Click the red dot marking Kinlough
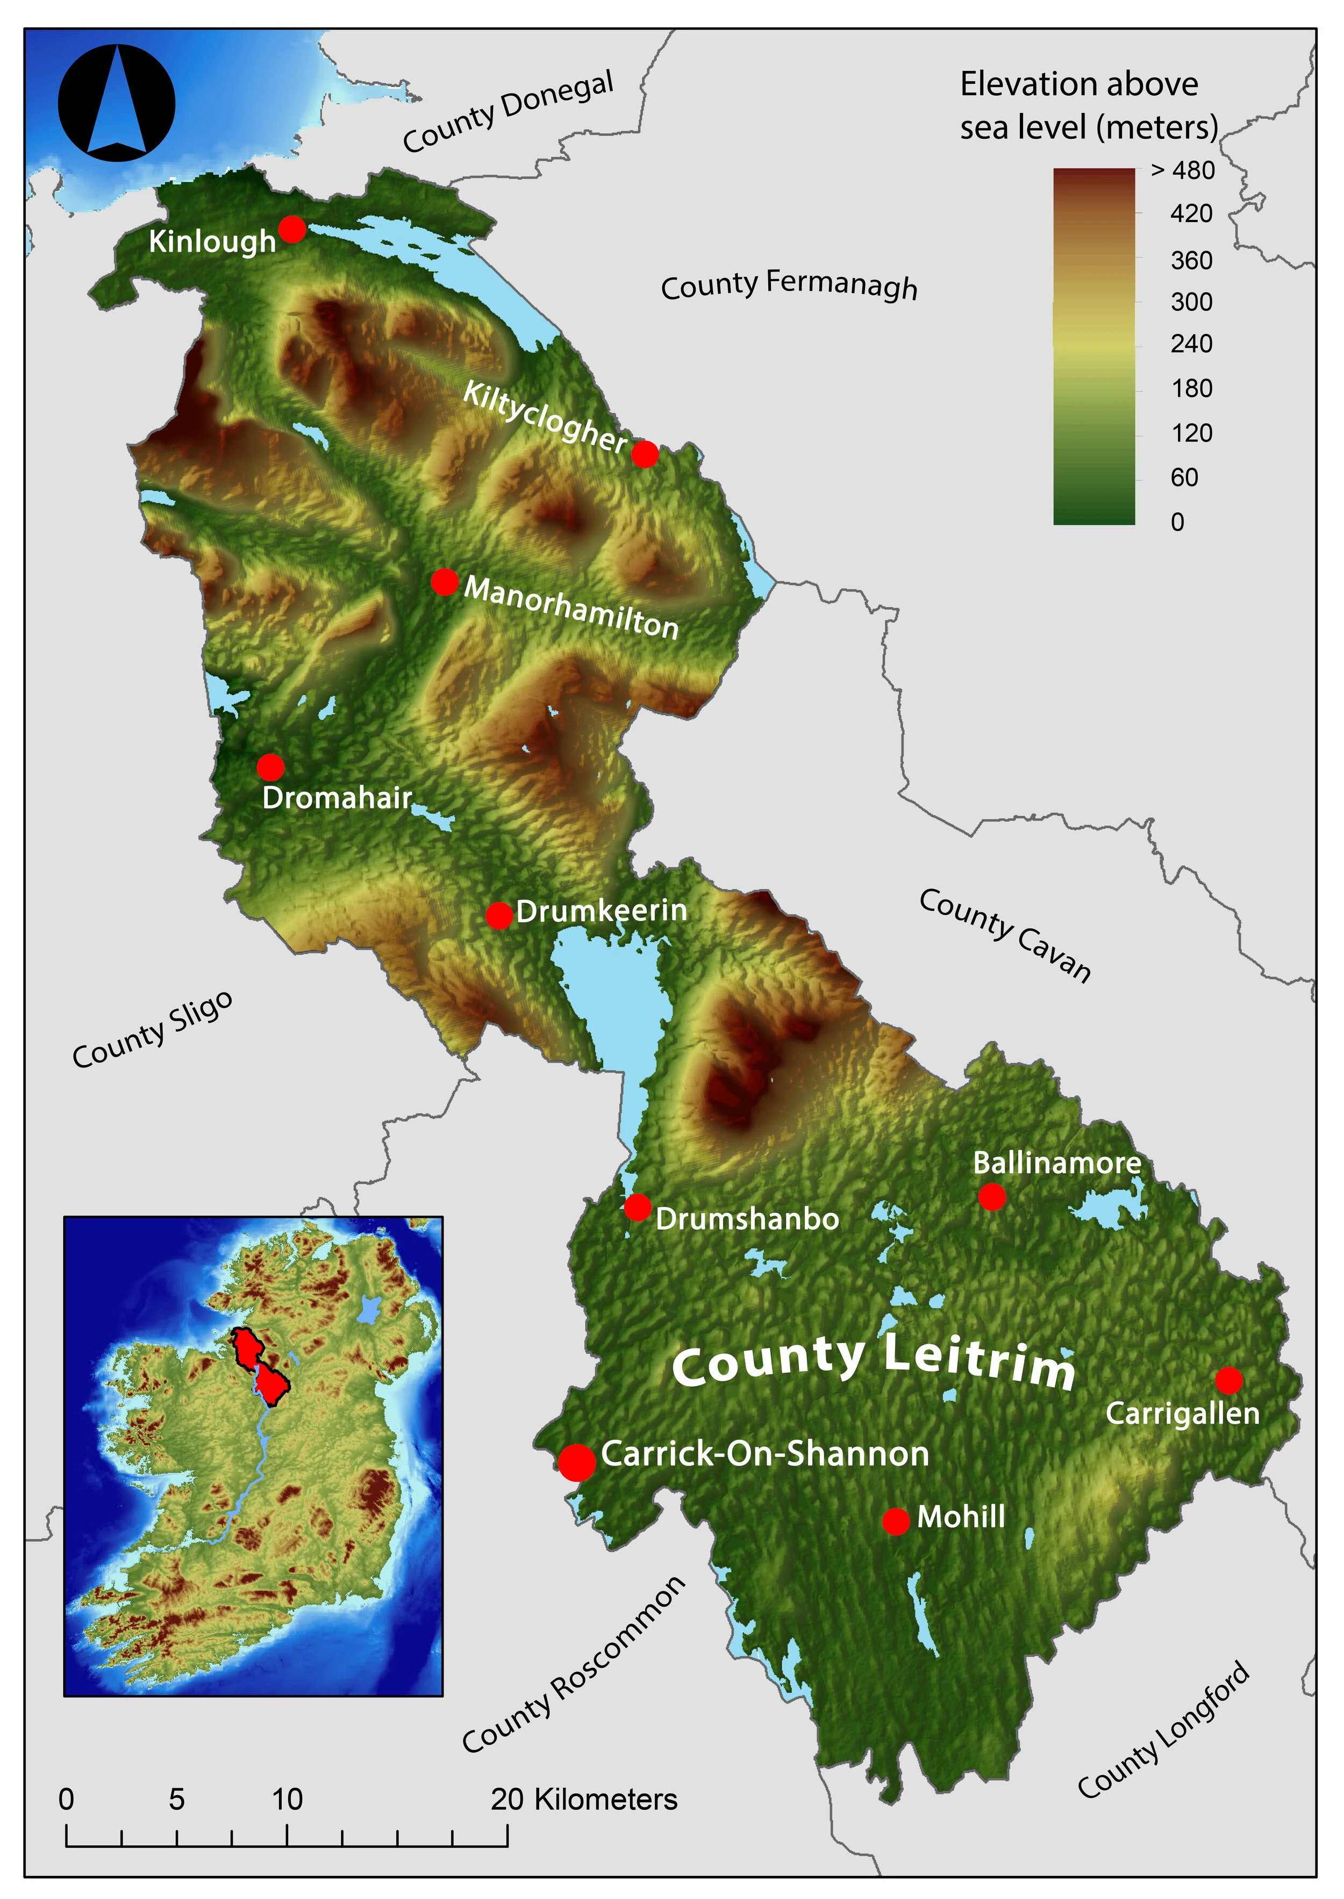291,229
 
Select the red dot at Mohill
896,1521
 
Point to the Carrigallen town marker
1228,1380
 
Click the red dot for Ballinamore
991,1196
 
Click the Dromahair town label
337,798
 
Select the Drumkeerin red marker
499,915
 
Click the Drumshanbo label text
747,1219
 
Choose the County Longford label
1163,1730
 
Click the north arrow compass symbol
117,103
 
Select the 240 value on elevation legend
1191,344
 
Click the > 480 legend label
1183,170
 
